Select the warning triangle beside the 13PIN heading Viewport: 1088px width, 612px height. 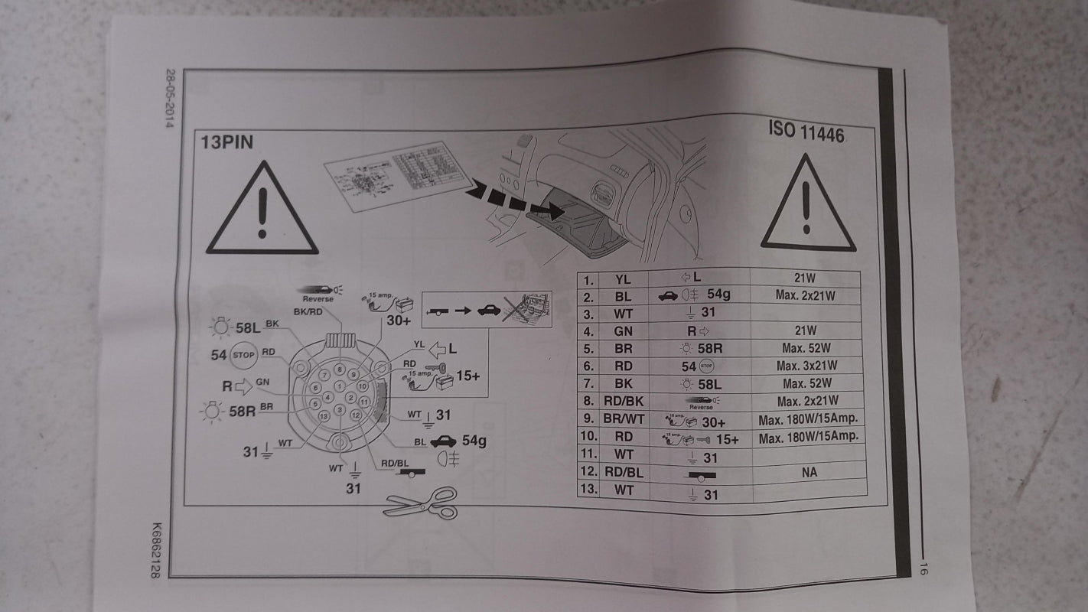[262, 210]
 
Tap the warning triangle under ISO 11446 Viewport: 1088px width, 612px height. [808, 205]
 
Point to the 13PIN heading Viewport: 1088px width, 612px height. [227, 142]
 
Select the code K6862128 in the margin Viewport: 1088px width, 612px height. [156, 551]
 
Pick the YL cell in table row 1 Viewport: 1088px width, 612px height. [624, 280]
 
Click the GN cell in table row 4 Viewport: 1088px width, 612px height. [624, 332]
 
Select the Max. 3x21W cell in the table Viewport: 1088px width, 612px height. [809, 366]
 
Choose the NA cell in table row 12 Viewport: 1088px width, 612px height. [809, 472]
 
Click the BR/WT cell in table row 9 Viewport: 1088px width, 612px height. [624, 419]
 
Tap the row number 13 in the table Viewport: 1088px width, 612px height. [588, 489]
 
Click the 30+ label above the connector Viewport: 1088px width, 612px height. [399, 321]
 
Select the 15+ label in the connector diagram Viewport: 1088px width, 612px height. [468, 376]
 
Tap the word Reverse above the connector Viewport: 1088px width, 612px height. [318, 298]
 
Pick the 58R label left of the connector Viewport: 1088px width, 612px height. [243, 411]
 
